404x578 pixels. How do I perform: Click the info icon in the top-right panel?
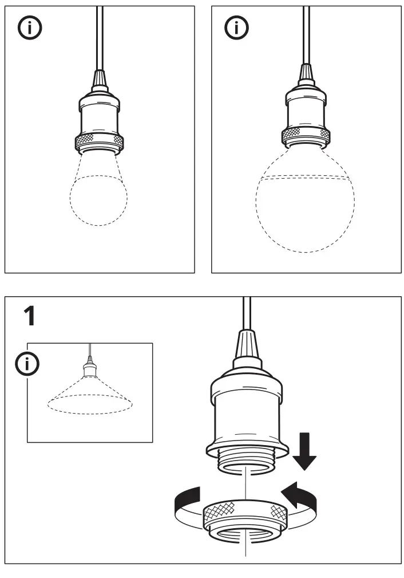tap(235, 27)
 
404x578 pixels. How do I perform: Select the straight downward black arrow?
tap(304, 453)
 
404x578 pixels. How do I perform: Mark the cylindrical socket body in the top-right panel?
tap(305, 110)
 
